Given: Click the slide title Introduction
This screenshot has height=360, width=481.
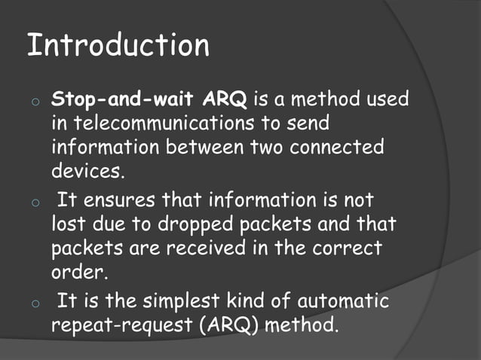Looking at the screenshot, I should [x=118, y=46].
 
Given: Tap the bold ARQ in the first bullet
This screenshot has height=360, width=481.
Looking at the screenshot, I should [x=231, y=99].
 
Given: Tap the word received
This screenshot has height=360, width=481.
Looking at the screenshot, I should [x=202, y=248].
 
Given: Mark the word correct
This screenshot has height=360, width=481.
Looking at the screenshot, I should [x=349, y=248].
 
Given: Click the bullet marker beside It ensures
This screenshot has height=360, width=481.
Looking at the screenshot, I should [x=35, y=203].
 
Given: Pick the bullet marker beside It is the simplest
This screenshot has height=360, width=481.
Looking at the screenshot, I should [x=35, y=305].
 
